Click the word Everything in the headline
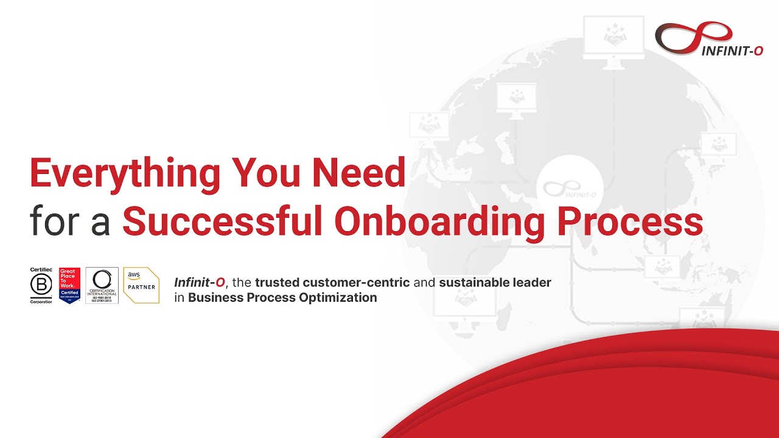[125, 173]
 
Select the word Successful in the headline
[222, 222]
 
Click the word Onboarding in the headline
[439, 223]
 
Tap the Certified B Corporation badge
[41, 285]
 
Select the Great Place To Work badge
[69, 285]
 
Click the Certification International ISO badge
[102, 285]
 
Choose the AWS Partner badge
[141, 285]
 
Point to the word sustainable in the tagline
[473, 282]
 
